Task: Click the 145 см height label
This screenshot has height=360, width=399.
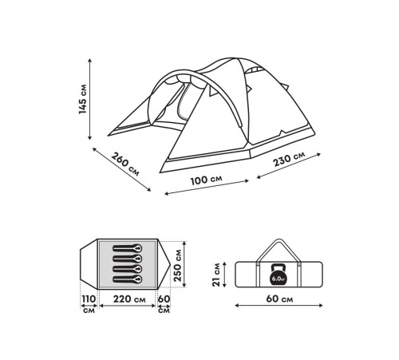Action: (83, 99)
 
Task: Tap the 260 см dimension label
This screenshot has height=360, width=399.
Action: (125, 164)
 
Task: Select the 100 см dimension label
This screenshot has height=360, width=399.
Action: (206, 180)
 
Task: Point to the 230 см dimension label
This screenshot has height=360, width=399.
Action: (289, 159)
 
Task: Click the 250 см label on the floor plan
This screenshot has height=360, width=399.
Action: (177, 265)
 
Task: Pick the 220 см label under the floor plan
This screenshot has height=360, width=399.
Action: (129, 299)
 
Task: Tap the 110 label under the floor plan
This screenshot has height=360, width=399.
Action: (89, 299)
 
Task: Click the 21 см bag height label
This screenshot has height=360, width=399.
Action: (216, 275)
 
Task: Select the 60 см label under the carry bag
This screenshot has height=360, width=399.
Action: (279, 299)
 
